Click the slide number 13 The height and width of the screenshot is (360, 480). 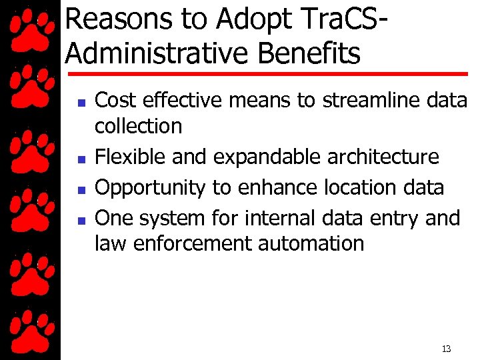point(446,349)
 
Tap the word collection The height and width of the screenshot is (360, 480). point(138,126)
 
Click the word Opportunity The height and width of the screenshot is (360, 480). point(150,188)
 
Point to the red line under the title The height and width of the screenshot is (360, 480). point(267,73)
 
